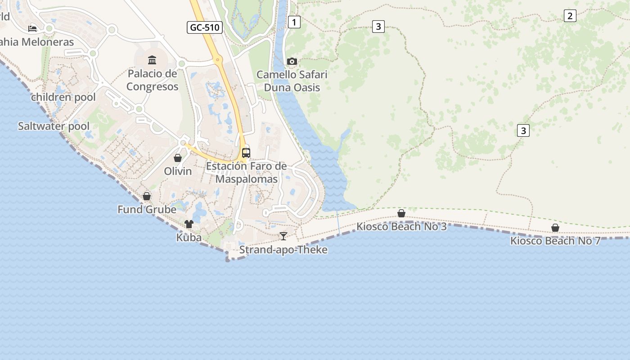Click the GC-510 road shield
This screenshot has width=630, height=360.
205,27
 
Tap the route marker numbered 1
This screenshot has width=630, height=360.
294,22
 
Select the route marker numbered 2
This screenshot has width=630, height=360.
570,16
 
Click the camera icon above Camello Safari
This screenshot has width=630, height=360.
292,61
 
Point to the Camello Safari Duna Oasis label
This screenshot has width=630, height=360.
292,81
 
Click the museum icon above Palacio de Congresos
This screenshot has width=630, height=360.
152,60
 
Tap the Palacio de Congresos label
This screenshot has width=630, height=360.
152,80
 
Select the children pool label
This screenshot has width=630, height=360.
63,97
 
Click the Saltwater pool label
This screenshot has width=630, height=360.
54,126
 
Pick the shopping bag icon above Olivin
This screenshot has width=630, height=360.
178,158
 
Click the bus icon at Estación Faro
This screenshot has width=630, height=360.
246,153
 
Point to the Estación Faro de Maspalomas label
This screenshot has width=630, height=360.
246,172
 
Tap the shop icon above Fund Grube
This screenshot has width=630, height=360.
147,196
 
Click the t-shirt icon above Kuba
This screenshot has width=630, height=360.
189,224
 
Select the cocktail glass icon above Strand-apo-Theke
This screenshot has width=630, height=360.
283,236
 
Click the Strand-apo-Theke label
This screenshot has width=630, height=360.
283,250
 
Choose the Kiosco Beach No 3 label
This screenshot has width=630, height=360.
401,226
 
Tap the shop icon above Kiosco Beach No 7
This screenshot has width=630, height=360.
555,228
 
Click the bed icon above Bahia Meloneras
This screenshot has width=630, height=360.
32,29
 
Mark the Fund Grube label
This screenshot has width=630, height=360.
147,210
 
